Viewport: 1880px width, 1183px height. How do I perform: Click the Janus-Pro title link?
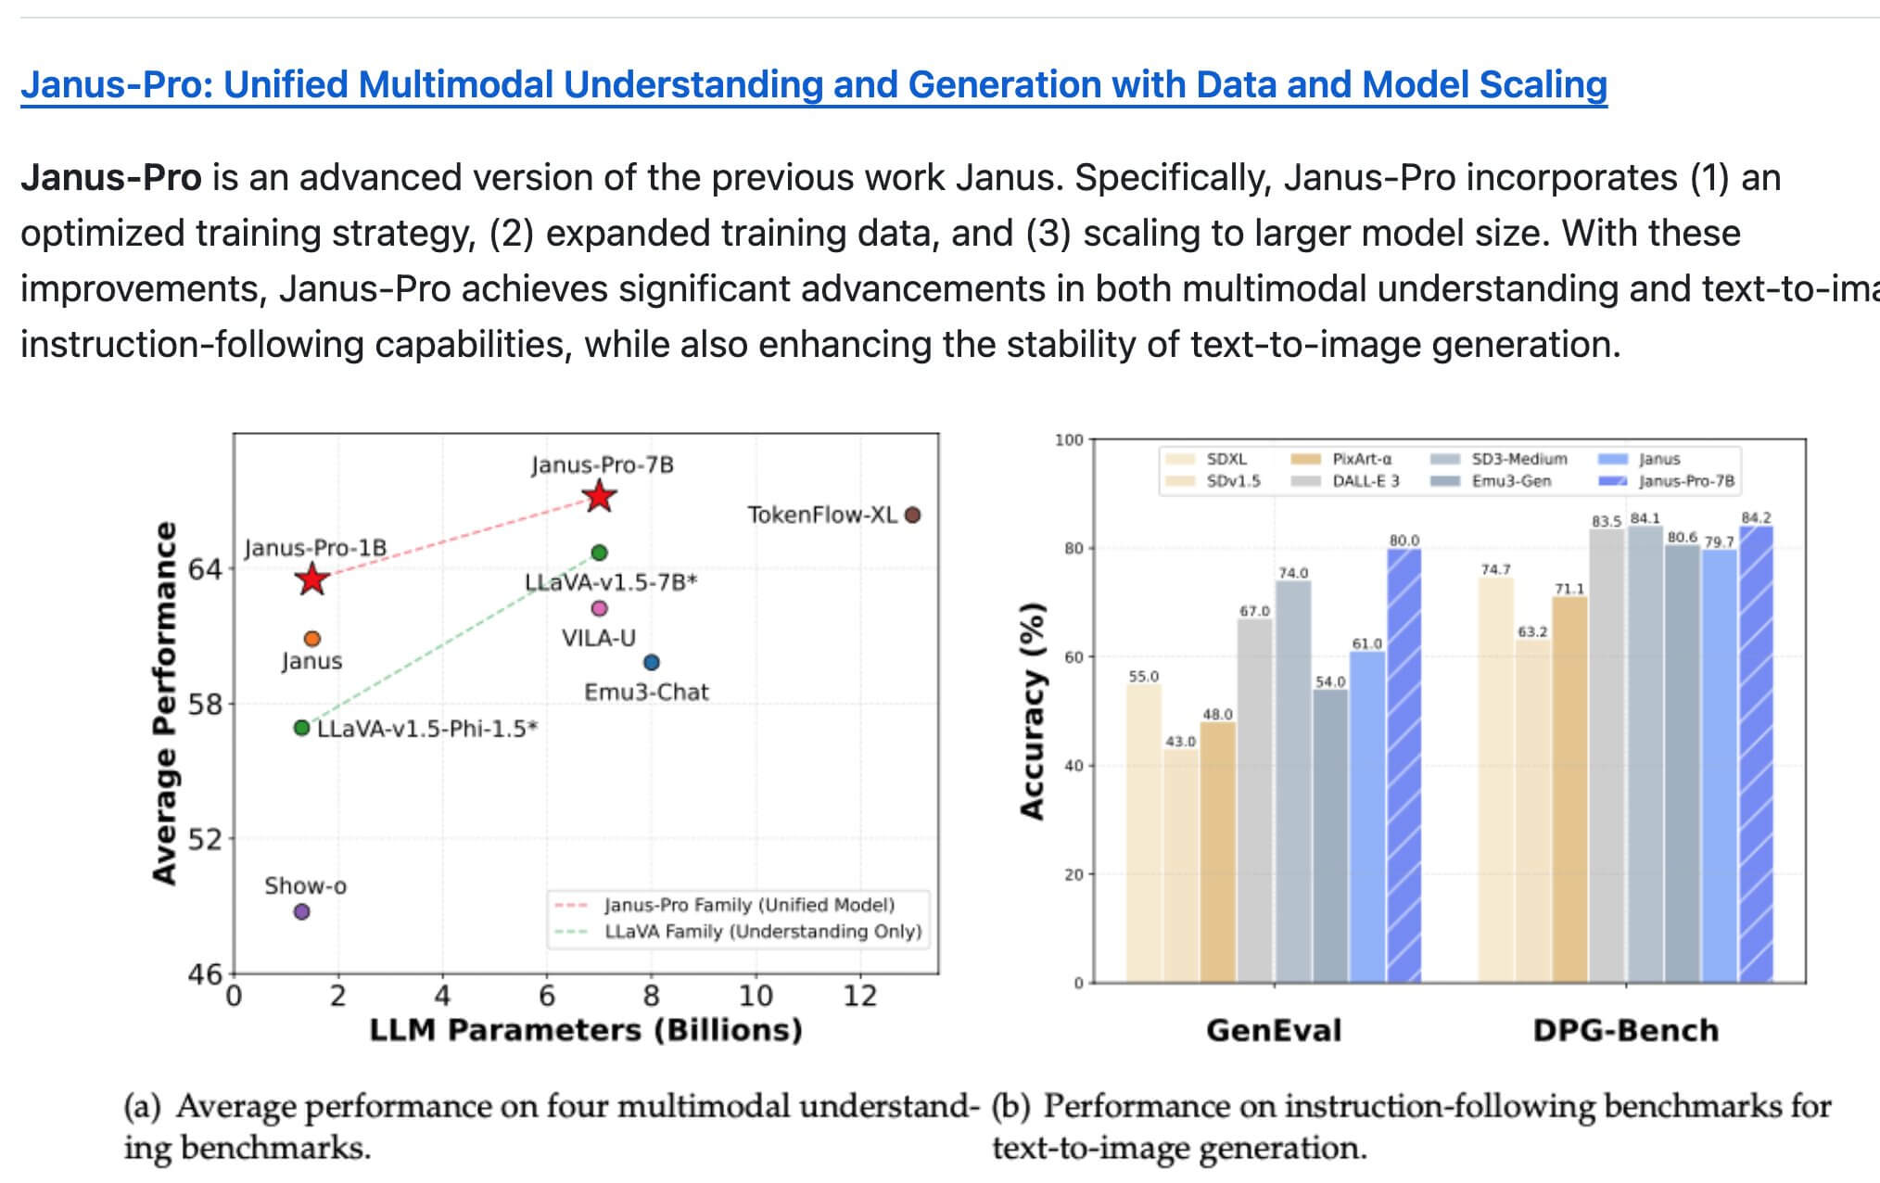pos(813,85)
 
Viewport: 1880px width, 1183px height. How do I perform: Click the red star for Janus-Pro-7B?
pos(600,497)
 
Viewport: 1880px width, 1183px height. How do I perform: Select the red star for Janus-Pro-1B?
pos(312,579)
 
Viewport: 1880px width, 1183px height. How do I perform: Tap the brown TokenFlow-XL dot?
pos(912,515)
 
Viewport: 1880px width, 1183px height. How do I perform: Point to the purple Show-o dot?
pos(301,911)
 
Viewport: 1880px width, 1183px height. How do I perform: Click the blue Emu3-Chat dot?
pos(652,662)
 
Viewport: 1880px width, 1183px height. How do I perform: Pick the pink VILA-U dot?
pos(599,608)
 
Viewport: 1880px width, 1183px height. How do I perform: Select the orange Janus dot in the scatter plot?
pos(312,638)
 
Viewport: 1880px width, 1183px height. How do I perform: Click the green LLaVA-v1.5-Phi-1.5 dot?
pos(301,728)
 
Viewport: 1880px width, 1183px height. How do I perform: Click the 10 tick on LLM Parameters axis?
pos(756,997)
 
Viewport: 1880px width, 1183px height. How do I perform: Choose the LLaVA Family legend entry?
pos(762,932)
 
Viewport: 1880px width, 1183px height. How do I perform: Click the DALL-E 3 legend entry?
pos(1366,481)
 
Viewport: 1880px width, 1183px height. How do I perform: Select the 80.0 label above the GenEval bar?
pos(1404,541)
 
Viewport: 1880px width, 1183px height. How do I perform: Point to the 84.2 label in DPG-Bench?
pos(1756,517)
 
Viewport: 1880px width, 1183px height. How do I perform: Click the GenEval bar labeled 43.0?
pos(1180,867)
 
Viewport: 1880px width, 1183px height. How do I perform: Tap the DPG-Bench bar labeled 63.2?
pos(1532,811)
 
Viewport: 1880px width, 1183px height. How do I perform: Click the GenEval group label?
pos(1273,1030)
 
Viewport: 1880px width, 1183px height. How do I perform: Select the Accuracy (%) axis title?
pos(1032,711)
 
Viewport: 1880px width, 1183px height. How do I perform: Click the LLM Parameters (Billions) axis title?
pos(586,1030)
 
